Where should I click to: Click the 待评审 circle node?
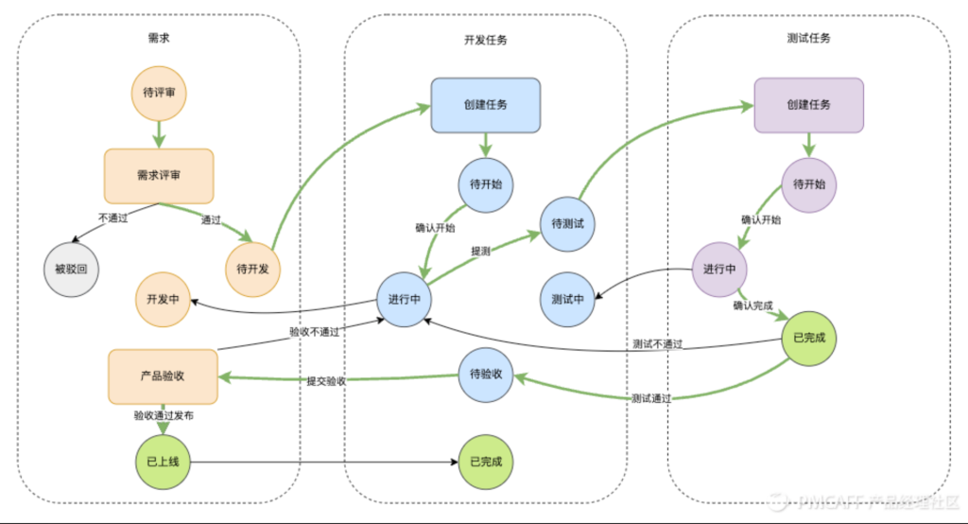pos(159,93)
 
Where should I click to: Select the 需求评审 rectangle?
pos(159,176)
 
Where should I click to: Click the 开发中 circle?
pos(163,300)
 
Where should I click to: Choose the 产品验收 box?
pos(163,376)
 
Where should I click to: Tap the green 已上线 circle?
pos(163,463)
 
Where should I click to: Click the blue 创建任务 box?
pos(485,104)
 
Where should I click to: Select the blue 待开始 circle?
pos(486,183)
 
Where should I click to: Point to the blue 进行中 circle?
pos(404,300)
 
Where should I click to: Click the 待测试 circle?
pos(566,223)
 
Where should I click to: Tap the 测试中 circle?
pos(566,300)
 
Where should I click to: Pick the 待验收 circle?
pos(485,375)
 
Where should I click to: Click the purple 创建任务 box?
pos(808,104)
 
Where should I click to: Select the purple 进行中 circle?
pos(719,269)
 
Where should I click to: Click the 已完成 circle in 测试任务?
pos(809,337)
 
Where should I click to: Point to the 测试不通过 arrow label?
pos(657,343)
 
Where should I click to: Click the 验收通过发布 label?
pos(164,415)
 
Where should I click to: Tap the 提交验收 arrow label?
pos(325,381)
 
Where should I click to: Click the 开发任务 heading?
pos(485,40)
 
